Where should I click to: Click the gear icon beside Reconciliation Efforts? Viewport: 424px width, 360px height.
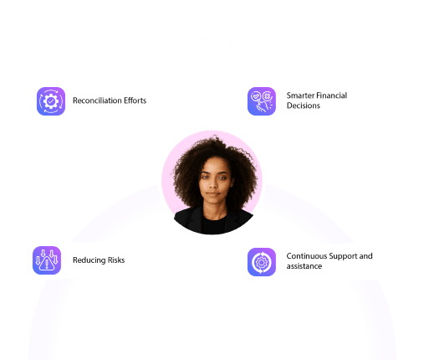tap(51, 101)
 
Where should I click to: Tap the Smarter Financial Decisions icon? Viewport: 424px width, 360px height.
tap(262, 101)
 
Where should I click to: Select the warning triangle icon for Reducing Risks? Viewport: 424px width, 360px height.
tap(47, 260)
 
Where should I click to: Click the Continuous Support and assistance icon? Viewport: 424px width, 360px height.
tap(262, 262)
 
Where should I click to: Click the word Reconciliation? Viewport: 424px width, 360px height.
tap(97, 100)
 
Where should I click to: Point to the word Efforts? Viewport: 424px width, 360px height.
tap(135, 100)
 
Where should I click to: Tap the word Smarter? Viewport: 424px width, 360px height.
tap(300, 95)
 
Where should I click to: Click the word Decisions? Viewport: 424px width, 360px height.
tap(304, 105)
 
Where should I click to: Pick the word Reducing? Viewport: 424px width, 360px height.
tap(89, 260)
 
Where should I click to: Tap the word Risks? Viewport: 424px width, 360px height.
tap(116, 260)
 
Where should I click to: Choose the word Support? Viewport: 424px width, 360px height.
tap(340, 256)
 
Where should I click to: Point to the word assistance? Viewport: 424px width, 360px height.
tap(304, 266)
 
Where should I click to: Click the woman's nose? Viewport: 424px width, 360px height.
tap(213, 183)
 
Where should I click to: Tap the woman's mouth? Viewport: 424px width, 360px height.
tap(213, 193)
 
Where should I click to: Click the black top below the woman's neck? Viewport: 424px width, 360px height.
tap(213, 224)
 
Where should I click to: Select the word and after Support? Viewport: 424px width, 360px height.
tap(365, 256)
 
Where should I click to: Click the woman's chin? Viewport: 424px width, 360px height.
tap(213, 201)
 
